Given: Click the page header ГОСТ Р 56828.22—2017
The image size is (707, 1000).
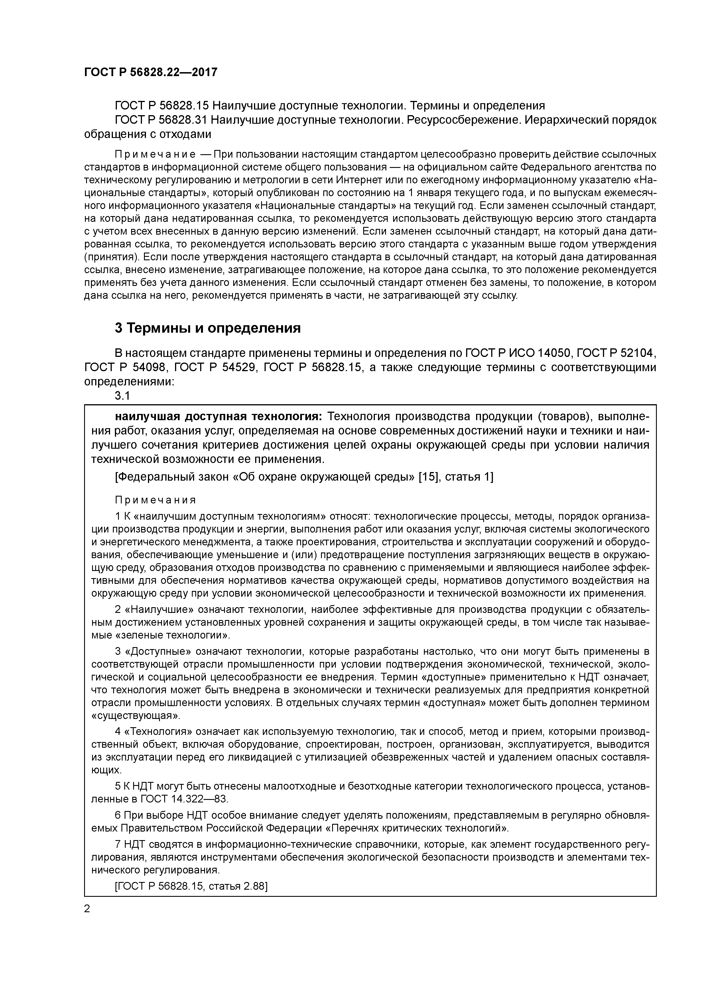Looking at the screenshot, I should [150, 72].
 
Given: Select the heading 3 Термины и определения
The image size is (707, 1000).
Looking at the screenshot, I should [208, 328].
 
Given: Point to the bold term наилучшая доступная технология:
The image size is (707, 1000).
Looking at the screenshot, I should [218, 417].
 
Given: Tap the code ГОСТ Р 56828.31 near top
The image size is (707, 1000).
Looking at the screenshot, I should [161, 120].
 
